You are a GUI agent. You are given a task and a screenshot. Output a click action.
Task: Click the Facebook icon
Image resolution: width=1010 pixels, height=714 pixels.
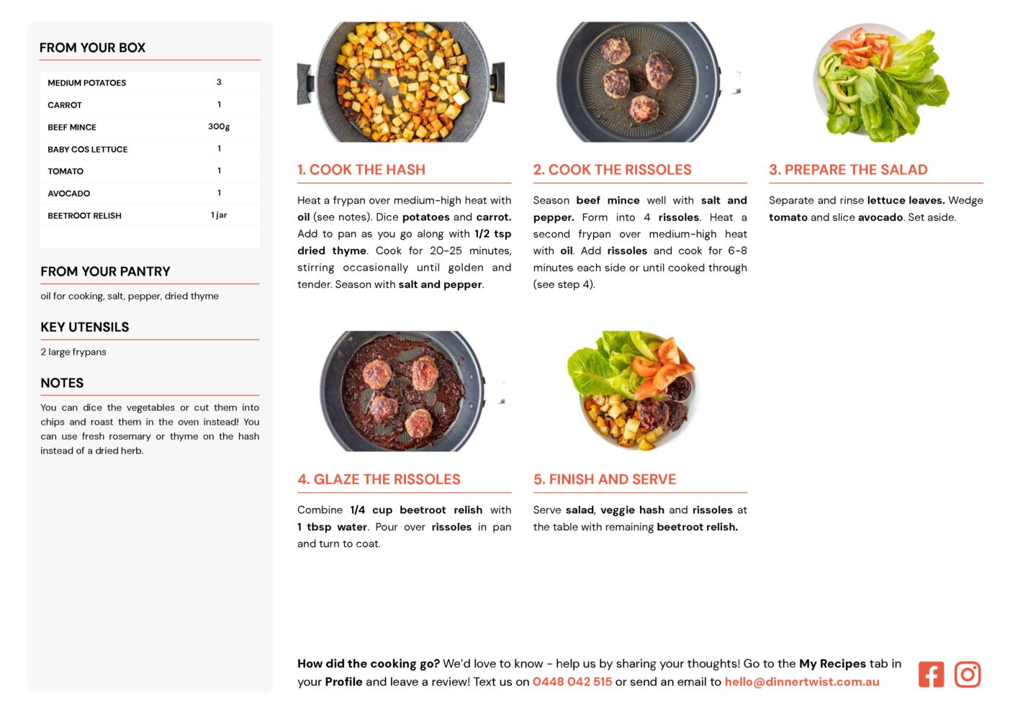(x=931, y=674)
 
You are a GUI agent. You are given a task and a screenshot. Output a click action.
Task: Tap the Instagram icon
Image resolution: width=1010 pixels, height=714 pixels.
(x=967, y=674)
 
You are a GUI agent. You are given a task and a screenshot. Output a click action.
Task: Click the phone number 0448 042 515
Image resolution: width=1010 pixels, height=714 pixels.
(x=572, y=682)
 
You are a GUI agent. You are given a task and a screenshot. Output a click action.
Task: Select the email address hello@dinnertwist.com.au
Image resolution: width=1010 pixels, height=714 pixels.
(x=802, y=682)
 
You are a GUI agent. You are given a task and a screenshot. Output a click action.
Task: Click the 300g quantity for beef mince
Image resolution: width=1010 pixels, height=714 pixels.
(x=219, y=127)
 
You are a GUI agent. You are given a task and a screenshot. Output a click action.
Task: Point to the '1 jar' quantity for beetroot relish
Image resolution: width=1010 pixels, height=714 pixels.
(x=219, y=215)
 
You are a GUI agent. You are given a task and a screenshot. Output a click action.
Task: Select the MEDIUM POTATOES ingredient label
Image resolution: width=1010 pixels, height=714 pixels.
(x=86, y=83)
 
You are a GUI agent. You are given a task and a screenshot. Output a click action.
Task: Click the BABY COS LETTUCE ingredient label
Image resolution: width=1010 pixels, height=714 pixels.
(x=88, y=149)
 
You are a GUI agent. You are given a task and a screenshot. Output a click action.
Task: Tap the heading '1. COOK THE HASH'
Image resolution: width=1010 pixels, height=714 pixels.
(x=361, y=169)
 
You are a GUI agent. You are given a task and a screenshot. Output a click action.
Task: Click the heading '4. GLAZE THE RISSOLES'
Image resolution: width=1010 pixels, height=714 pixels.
(x=379, y=479)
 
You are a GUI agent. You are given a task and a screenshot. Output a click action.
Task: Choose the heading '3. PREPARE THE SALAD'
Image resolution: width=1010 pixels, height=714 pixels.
(x=848, y=169)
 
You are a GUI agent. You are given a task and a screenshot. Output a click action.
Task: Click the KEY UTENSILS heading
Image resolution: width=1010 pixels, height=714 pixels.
(x=85, y=327)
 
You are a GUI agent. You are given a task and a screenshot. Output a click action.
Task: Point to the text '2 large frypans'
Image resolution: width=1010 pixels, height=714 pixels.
(x=73, y=351)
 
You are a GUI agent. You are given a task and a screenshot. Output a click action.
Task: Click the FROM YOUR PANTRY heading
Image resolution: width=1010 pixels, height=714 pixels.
(x=105, y=271)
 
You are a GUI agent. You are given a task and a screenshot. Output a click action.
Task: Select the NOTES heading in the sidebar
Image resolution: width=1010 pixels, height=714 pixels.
(x=62, y=383)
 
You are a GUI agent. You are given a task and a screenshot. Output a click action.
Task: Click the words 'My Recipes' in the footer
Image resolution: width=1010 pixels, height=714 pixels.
(x=832, y=664)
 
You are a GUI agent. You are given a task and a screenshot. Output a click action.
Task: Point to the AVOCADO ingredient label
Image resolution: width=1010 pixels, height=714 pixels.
(x=68, y=194)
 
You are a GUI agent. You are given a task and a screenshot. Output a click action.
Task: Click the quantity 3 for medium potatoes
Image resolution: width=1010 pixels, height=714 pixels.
(x=219, y=82)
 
